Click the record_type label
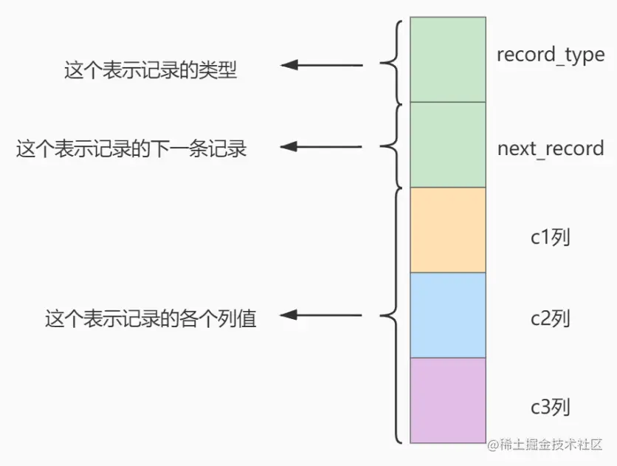(550, 55)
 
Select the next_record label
(550, 148)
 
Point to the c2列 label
(550, 319)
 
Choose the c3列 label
(550, 407)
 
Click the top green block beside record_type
(448, 59)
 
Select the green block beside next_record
(448, 145)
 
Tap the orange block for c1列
(448, 230)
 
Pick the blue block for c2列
(448, 315)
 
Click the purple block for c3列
(448, 400)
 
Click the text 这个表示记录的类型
(151, 72)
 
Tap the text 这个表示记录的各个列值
(151, 319)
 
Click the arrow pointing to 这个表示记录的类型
(322, 66)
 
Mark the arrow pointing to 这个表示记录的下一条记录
(322, 147)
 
